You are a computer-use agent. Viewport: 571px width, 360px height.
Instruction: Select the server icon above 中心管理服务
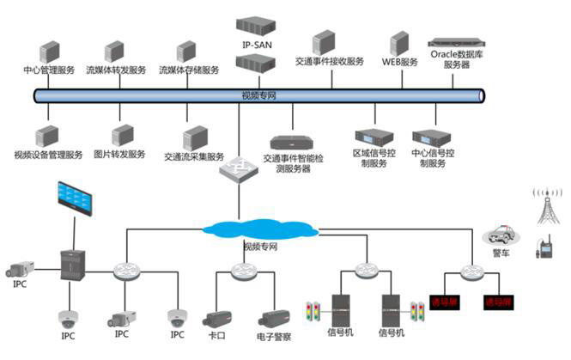48,52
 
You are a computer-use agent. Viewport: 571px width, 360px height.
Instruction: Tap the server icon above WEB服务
399,44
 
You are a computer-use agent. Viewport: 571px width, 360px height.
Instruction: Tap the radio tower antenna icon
544,206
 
